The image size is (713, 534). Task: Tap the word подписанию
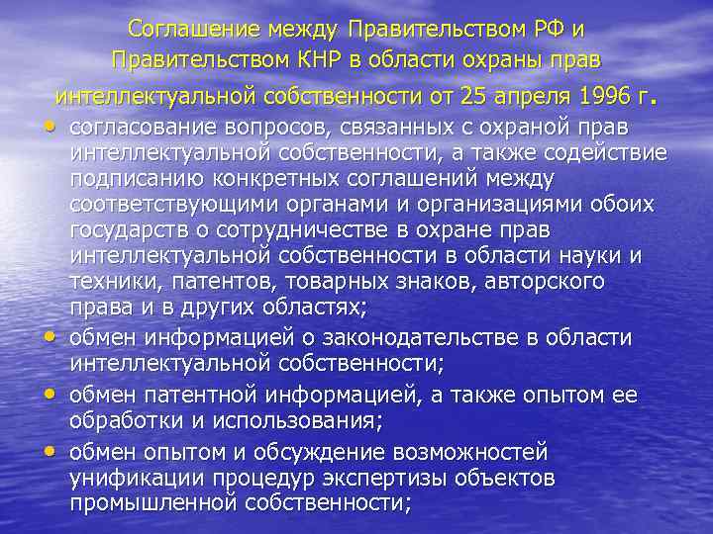[129, 179]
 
